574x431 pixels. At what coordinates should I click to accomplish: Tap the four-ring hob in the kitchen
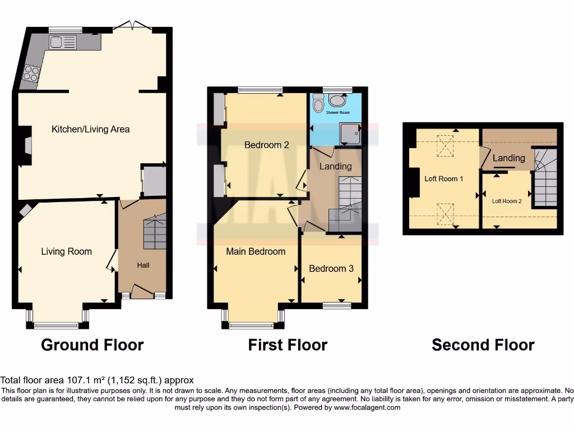(x=30, y=74)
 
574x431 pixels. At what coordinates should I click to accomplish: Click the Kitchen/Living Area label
(x=90, y=129)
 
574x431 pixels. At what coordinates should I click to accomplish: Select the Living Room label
(x=66, y=251)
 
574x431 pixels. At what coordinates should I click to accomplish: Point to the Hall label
(x=143, y=265)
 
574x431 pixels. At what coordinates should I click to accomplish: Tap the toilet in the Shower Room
(x=318, y=104)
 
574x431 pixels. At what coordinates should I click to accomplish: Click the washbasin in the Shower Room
(x=337, y=100)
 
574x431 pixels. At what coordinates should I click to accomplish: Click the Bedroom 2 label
(x=266, y=145)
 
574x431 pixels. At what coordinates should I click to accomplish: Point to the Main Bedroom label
(x=256, y=251)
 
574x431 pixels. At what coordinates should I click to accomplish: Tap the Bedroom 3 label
(x=331, y=268)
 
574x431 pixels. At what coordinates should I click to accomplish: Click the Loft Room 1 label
(x=443, y=179)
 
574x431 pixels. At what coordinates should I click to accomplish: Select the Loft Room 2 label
(x=507, y=201)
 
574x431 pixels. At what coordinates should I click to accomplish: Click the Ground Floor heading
(x=92, y=345)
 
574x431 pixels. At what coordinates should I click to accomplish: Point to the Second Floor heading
(x=483, y=345)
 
